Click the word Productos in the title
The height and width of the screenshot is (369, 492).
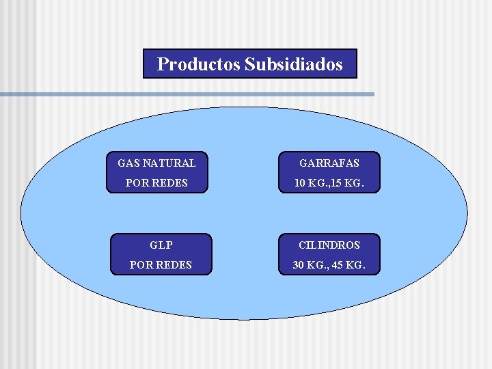198,64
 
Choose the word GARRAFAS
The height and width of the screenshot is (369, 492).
328,163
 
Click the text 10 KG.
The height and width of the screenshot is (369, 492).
307,184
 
